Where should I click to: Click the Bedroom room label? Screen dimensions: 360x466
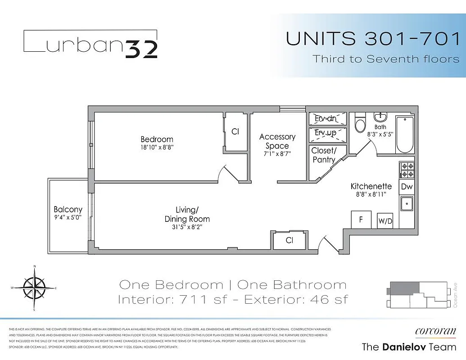(157, 139)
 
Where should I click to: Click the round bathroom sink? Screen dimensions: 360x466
(380, 117)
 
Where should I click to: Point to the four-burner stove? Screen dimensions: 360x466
(407, 170)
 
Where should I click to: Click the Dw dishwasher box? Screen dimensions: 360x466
(407, 187)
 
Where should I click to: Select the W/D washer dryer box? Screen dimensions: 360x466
(385, 221)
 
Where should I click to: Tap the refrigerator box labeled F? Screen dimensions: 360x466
(361, 220)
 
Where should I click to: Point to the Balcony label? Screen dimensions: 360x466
(68, 209)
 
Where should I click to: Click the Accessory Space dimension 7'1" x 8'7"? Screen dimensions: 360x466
(277, 154)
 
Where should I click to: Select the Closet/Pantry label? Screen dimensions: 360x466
(323, 155)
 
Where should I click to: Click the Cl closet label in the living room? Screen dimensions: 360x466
(290, 241)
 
